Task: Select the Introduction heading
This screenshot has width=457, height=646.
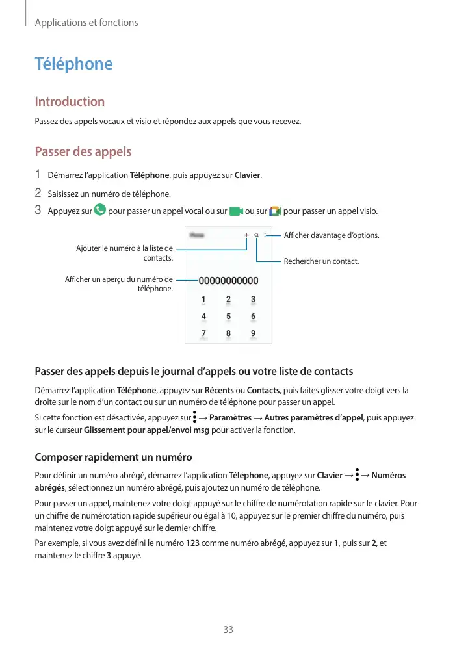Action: tap(70, 101)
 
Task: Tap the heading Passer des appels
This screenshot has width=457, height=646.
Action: tap(83, 152)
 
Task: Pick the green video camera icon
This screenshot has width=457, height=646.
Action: tap(236, 211)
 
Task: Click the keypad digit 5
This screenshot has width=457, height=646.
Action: tap(228, 317)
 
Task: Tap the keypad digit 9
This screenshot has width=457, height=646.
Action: tap(253, 333)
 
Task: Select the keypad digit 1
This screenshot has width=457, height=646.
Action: tap(203, 300)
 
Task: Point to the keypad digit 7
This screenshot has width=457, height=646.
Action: tap(203, 333)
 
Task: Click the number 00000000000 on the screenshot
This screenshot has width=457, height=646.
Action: tap(228, 281)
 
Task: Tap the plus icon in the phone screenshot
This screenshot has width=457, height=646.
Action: tap(247, 235)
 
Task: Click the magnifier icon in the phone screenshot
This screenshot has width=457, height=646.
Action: tap(257, 235)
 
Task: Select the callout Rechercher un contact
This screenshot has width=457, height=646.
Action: tap(321, 261)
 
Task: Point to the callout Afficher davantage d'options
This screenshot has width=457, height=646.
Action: tap(332, 235)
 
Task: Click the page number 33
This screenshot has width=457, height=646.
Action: tap(228, 630)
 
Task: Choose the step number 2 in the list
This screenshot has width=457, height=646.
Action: tap(38, 193)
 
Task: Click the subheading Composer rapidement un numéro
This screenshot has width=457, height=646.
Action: tap(113, 457)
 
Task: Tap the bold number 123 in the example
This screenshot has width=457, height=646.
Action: tap(193, 544)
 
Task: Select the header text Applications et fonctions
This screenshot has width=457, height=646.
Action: tap(86, 23)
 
